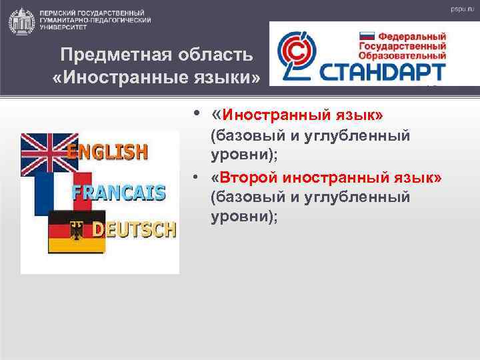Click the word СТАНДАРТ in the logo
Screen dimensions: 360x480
tap(383, 69)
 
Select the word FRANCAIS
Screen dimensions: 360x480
tap(119, 193)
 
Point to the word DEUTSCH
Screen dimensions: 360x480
tap(134, 230)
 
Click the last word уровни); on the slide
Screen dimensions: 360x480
tap(243, 217)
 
